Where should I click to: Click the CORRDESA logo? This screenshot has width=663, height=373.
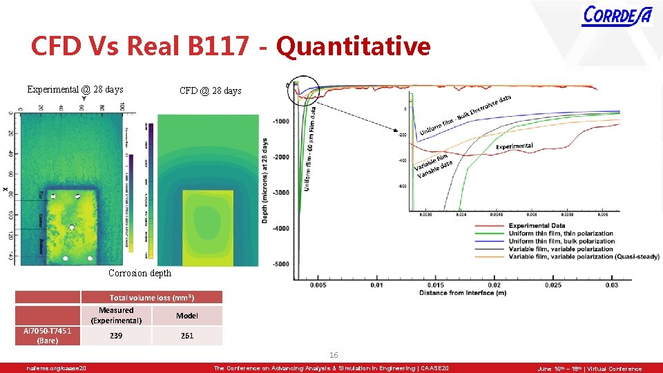tap(617, 15)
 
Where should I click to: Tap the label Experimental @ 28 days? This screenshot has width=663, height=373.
tap(75, 89)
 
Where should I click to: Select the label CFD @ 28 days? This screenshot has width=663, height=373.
tap(211, 90)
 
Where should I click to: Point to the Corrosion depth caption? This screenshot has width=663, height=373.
tap(140, 273)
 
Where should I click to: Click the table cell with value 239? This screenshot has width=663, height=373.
tap(116, 336)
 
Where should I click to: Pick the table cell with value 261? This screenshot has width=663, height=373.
tap(187, 336)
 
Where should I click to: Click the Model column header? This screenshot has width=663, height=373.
tap(187, 316)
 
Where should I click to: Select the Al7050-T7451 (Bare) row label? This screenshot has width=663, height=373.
tap(48, 336)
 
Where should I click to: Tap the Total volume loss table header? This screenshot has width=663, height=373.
tap(152, 298)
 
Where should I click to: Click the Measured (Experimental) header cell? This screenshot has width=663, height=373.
tap(116, 316)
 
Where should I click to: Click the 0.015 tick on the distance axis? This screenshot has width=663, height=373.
tap(436, 285)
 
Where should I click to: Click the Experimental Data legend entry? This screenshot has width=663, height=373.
tap(537, 226)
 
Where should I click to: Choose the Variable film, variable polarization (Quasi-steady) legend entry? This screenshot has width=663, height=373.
tap(561, 256)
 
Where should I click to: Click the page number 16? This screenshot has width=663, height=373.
tap(334, 355)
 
